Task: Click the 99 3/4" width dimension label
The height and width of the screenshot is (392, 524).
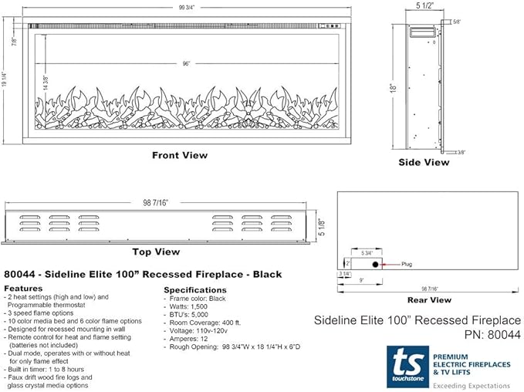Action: point(187,8)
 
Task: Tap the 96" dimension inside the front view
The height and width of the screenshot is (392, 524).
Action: point(186,63)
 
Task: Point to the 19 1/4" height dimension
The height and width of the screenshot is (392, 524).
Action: point(4,79)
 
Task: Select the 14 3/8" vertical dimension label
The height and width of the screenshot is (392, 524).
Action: point(46,83)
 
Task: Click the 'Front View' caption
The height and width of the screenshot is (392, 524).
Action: point(180,155)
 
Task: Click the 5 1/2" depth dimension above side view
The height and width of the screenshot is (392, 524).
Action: point(424,5)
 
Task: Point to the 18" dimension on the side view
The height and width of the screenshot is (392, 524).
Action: point(394,87)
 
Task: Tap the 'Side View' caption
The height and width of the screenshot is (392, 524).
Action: point(424,162)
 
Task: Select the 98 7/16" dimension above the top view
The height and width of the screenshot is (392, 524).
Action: point(155,202)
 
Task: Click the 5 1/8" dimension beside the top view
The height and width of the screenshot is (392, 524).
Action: point(322,227)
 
